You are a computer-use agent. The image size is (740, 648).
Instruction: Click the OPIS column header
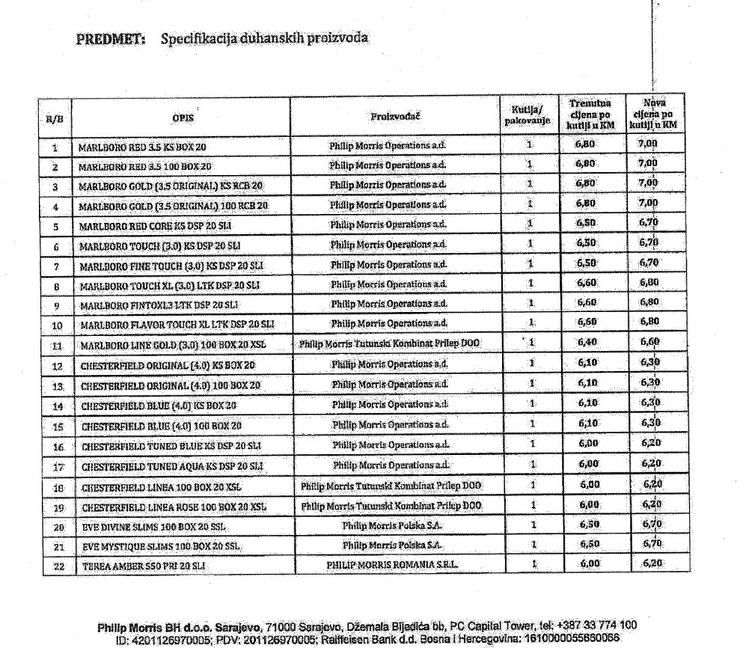click(183, 117)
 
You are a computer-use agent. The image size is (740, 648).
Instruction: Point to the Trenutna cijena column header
click(590, 114)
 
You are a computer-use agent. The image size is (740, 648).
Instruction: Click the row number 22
click(56, 567)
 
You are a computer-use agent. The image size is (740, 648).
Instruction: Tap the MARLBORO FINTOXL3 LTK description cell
click(159, 305)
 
